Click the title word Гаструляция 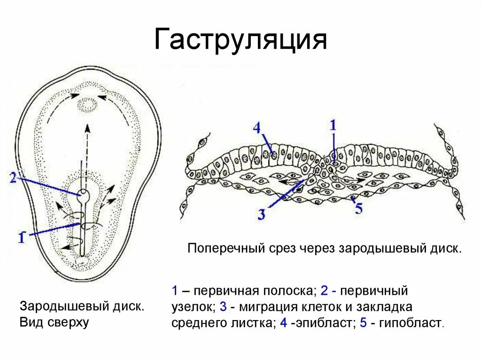240,40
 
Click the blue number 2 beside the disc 13,177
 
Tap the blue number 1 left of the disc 22,237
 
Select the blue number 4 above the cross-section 256,127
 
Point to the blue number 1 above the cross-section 333,125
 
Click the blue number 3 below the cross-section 262,214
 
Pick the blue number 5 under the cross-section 358,209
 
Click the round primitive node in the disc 83,193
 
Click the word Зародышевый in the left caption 50,307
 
